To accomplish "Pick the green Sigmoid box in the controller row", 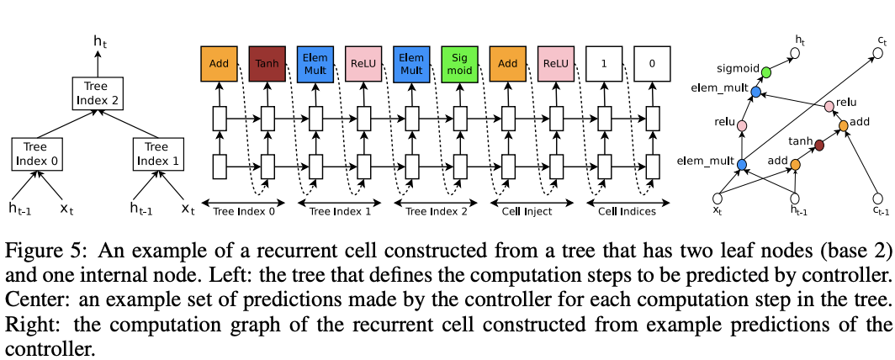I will tap(458, 64).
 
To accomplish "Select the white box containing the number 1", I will tap(602, 64).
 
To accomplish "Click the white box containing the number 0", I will tap(651, 64).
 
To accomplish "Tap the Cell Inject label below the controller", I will tap(527, 211).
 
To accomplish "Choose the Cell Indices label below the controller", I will tap(627, 211).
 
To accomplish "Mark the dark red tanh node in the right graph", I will tap(819, 146).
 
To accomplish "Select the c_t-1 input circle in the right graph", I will tap(876, 199).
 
